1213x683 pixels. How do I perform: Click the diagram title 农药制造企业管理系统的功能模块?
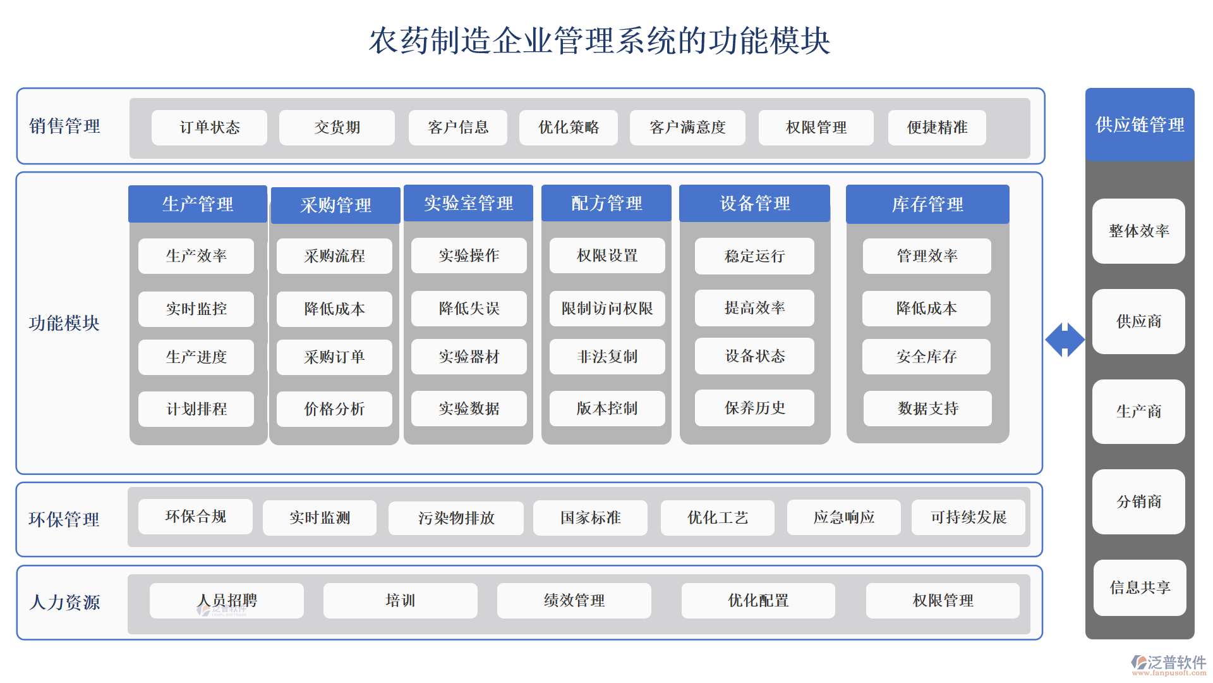(x=600, y=40)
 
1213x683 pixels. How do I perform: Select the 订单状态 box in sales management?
(x=209, y=128)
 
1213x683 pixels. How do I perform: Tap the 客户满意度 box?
(x=687, y=128)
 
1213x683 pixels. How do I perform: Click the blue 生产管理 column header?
(x=198, y=204)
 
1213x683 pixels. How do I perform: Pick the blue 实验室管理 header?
(x=468, y=203)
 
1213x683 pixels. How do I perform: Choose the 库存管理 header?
(x=927, y=204)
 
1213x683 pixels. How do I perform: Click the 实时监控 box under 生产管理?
(x=196, y=309)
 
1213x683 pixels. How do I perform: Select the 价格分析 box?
(x=334, y=409)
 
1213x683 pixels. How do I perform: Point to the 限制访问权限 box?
(x=607, y=309)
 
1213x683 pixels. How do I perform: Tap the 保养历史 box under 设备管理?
(x=754, y=409)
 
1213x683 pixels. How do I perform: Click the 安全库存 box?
(x=926, y=357)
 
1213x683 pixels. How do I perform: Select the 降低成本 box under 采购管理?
(x=334, y=309)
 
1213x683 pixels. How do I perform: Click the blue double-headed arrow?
(x=1065, y=340)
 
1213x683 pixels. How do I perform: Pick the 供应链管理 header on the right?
(x=1140, y=125)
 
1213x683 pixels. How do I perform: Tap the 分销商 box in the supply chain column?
(x=1138, y=501)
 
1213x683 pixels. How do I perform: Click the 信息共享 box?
(x=1140, y=588)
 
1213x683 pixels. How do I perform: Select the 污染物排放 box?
(x=456, y=518)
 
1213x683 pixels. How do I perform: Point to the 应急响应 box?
(x=843, y=517)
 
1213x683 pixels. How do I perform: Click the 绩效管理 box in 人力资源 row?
(x=574, y=601)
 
